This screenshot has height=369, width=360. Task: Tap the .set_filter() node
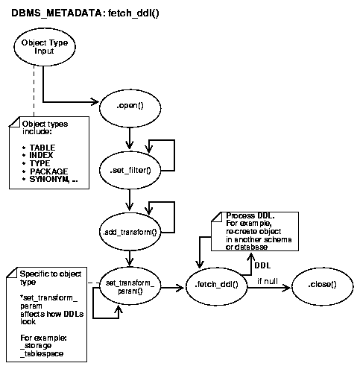tap(130, 171)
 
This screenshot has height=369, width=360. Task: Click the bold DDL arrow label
tap(263, 265)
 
